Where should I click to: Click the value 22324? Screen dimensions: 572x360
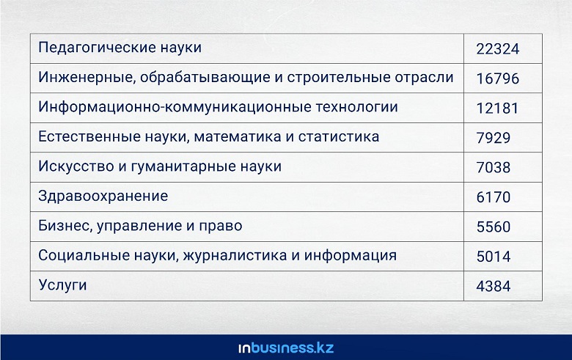coord(498,49)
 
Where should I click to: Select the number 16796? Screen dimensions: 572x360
coord(498,78)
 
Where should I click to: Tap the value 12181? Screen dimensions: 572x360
coord(497,109)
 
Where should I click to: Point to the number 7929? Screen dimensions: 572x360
coord(494,138)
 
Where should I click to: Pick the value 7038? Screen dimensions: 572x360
coord(494,167)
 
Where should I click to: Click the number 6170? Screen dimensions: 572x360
coord(494,197)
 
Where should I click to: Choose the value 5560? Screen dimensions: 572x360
coord(494,227)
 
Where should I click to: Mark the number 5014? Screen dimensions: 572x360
coord(494,257)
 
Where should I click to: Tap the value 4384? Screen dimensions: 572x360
coord(494,286)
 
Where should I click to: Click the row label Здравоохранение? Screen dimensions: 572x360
coord(103,196)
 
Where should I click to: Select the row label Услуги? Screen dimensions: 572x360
coord(62,285)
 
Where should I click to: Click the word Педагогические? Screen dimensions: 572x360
coord(94,48)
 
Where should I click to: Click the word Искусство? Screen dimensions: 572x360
coord(76,166)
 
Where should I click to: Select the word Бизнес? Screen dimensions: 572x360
coord(65,226)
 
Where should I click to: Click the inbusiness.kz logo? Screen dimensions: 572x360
coord(286,348)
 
